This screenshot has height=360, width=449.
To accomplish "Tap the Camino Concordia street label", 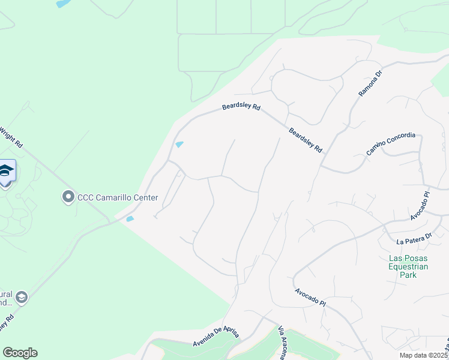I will [x=391, y=144].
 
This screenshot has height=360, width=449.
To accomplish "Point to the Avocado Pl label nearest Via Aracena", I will [x=310, y=298].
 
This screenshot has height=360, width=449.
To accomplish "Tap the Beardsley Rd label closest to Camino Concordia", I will [x=306, y=139].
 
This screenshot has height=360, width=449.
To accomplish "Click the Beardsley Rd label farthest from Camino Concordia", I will [x=241, y=107].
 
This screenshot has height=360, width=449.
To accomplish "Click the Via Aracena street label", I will [x=282, y=344].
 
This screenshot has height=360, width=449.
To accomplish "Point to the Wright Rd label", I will [x=10, y=137].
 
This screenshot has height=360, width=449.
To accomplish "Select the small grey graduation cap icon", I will [x=22, y=298].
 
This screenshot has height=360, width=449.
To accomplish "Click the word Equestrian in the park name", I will [x=408, y=266].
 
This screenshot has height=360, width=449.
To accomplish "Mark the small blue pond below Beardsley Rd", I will [x=179, y=145].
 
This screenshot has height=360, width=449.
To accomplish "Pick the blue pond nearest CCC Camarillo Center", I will [x=130, y=220].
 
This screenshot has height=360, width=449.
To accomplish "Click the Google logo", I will [x=20, y=353].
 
